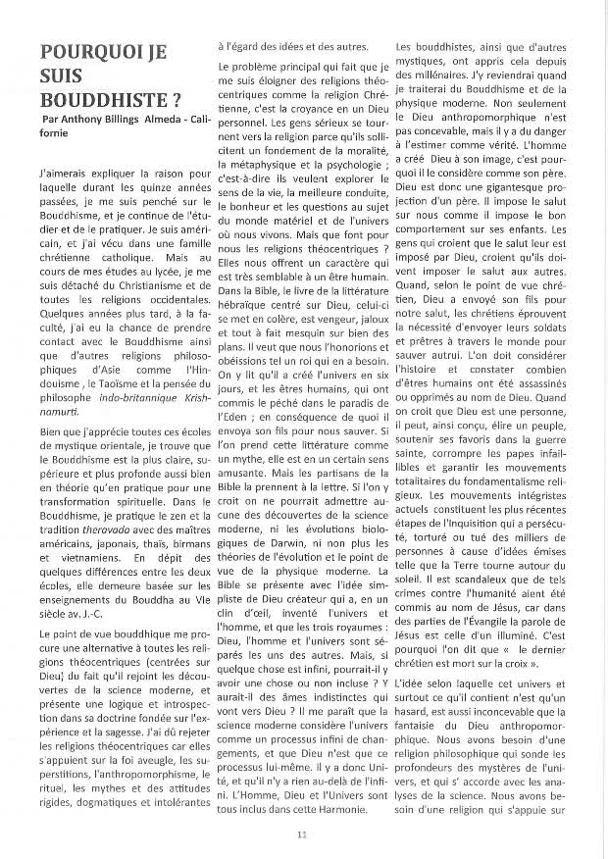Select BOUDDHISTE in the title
coord(87,100)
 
